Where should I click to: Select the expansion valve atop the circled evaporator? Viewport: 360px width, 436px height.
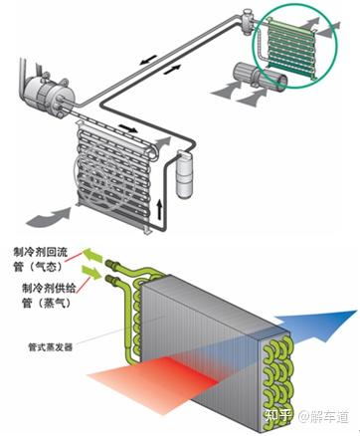(247, 22)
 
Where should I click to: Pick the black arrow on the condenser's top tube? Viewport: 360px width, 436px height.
(127, 127)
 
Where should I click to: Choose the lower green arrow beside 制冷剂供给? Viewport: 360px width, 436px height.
(90, 271)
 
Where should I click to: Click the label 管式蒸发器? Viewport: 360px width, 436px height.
(50, 347)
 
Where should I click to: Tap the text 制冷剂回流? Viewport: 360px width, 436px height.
(41, 253)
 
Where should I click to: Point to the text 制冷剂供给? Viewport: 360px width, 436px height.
(49, 288)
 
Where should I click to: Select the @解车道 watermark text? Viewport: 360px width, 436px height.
(323, 416)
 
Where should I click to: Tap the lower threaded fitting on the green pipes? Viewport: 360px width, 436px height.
(111, 280)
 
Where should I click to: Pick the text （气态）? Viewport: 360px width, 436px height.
(47, 267)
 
